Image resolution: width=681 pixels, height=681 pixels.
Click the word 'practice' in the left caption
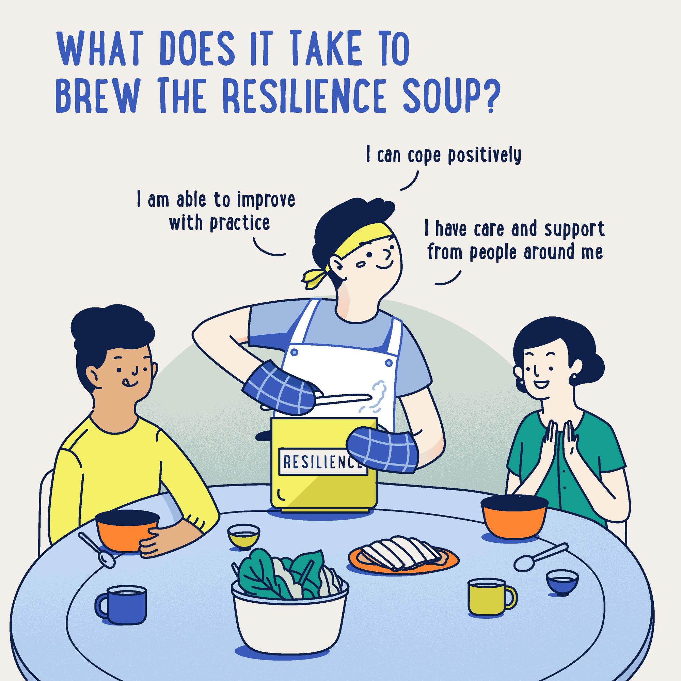point(240,223)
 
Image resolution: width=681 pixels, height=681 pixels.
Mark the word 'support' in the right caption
point(574,229)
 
